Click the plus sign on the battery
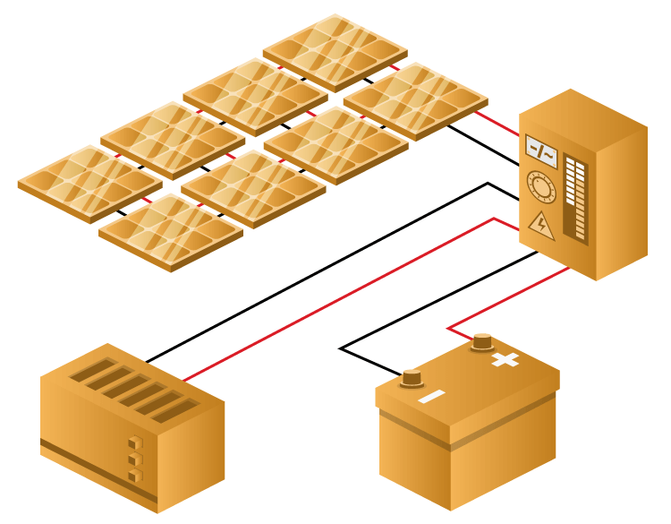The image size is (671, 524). [505, 360]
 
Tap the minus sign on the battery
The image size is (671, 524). [431, 397]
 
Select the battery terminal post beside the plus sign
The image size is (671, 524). [482, 341]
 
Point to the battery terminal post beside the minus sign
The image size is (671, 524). [412, 378]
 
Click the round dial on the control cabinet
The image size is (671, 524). [541, 186]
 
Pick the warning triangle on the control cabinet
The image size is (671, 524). [541, 224]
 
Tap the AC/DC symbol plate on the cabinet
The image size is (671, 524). [541, 151]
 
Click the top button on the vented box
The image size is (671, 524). [135, 442]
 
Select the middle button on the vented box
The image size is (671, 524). [135, 460]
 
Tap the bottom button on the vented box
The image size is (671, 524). [135, 476]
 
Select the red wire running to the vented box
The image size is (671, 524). [340, 296]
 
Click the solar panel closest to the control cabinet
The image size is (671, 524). [415, 100]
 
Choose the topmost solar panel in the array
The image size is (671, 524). [335, 52]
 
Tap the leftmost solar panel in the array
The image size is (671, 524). [89, 183]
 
